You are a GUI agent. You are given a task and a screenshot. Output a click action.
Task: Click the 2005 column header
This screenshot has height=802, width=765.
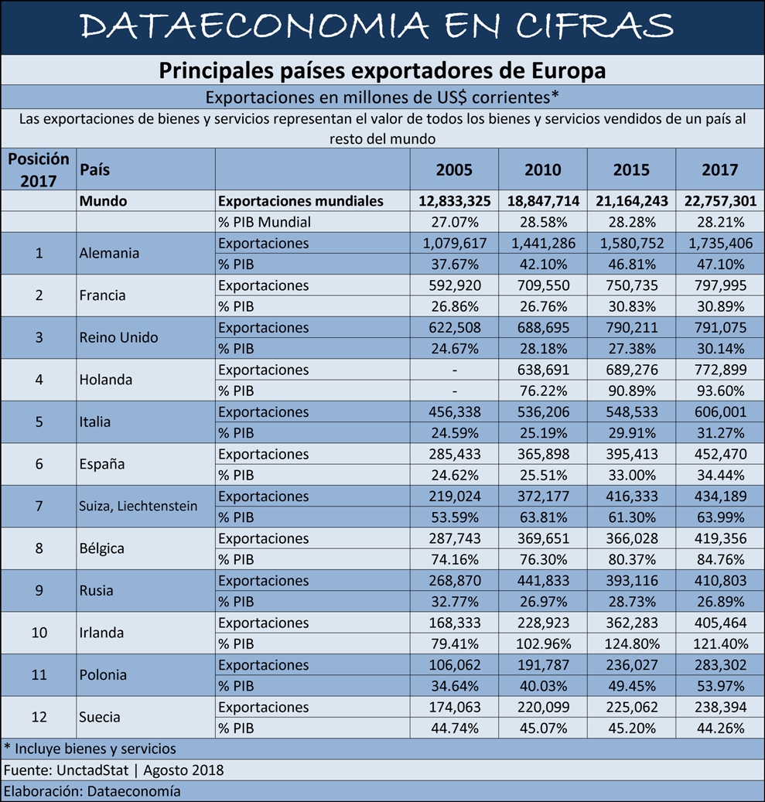[x=454, y=169]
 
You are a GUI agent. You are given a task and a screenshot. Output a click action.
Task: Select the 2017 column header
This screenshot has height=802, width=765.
[x=719, y=169]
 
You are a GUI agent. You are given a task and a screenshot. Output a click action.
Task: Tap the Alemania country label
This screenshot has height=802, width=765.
[x=109, y=253]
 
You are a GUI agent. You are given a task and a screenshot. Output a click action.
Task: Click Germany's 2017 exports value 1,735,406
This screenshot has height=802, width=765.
[x=720, y=243]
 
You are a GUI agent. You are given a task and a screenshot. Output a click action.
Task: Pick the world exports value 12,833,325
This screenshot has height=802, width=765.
[x=454, y=201]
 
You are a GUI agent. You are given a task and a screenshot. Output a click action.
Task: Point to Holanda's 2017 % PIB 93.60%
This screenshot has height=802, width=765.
[x=720, y=391]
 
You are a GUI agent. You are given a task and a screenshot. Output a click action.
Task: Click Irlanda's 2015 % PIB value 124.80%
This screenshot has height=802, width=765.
[x=631, y=643]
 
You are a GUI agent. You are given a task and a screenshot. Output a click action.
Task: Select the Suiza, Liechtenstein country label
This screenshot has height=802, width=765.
[x=138, y=506]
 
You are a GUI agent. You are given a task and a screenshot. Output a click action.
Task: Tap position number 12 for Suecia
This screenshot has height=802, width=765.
[x=39, y=717]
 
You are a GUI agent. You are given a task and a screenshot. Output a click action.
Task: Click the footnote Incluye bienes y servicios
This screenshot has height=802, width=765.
[x=90, y=749]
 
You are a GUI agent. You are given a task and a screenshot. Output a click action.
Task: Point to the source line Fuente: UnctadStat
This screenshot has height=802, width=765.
[x=67, y=770]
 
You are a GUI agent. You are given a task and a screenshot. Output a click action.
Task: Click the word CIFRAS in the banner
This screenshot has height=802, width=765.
[x=594, y=26]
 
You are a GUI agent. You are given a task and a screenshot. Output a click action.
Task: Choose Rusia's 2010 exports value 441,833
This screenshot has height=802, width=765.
[x=543, y=581]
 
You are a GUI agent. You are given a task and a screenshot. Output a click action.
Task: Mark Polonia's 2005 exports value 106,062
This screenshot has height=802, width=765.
[x=454, y=665]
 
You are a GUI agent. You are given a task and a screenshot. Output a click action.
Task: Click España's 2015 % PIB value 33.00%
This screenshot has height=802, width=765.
[x=631, y=475]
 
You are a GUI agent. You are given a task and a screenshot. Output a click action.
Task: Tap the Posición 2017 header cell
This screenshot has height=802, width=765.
[x=39, y=169]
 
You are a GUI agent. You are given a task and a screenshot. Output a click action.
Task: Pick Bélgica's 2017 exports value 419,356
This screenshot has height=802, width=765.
[x=720, y=538]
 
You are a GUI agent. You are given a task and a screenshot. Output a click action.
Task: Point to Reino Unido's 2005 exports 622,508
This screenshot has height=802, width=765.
[x=454, y=327]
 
